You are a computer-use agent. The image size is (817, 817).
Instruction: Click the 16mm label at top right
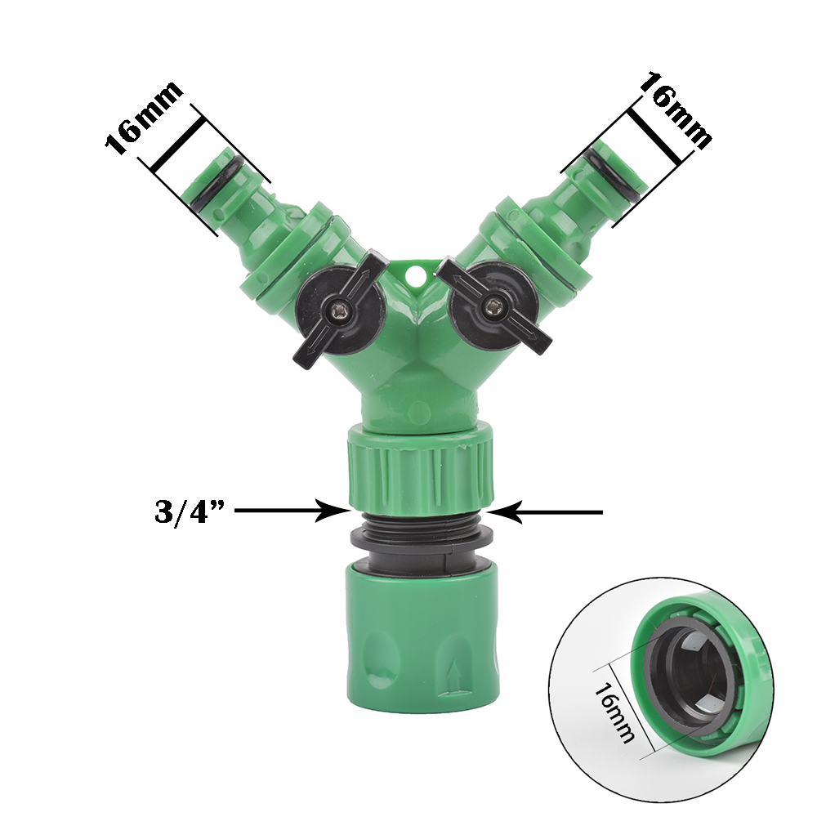676,111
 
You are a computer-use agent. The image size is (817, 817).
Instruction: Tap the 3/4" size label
189,511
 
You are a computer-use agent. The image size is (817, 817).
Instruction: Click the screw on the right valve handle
491,306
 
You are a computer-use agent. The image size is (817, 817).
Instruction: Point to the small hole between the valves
416,274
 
